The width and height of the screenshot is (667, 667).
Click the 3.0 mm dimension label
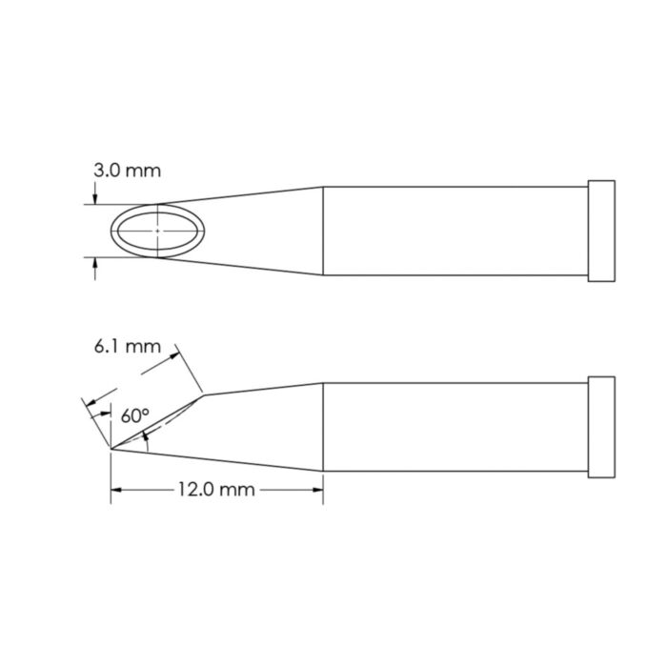127,172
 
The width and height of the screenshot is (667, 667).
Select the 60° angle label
135,415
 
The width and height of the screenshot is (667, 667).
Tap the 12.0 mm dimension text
216,490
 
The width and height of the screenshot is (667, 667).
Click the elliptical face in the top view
154,230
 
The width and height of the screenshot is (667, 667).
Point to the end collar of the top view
602,231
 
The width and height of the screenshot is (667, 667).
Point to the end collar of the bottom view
602,426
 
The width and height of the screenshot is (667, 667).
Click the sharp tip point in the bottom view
111,448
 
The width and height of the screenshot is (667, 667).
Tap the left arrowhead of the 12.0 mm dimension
117,490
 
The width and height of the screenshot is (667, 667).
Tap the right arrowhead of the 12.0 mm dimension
317,490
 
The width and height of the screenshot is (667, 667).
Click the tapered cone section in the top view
262,231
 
